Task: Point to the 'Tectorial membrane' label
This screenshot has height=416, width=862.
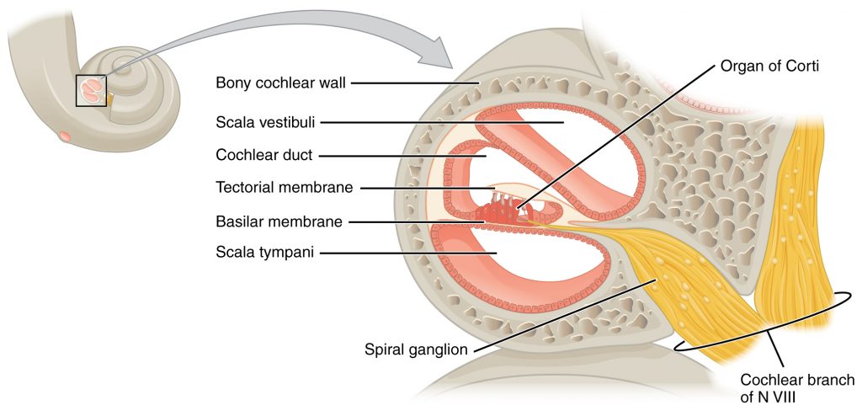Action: [273, 188]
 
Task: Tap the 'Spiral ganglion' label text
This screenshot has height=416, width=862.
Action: [415, 348]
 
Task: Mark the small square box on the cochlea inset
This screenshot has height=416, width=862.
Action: [92, 90]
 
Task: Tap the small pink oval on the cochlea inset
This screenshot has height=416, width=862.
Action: [64, 135]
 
